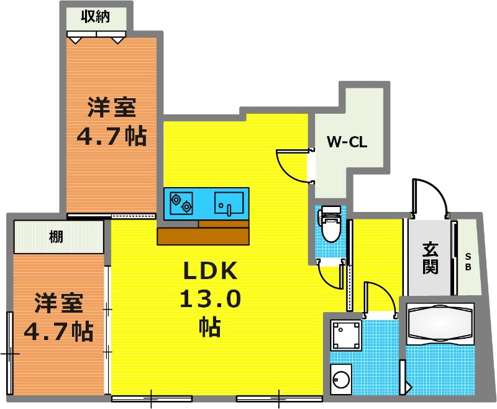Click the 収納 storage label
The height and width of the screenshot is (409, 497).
click(96, 17)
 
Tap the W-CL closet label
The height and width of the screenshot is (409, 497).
click(347, 142)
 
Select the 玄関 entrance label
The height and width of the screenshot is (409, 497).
click(430, 258)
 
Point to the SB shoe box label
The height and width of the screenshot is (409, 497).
click(468, 261)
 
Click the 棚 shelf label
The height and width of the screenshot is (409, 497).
click(56, 237)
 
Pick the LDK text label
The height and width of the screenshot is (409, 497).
click(211, 271)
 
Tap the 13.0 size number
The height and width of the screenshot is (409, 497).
click(210, 299)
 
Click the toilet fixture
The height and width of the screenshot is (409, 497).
click(330, 224)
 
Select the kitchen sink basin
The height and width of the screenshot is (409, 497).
click(229, 203)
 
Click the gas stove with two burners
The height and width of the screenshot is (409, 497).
click(181, 203)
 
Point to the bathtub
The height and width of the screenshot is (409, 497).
click(440, 323)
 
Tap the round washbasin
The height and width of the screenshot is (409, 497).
click(341, 379)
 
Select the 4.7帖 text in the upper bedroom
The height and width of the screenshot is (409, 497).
click(112, 136)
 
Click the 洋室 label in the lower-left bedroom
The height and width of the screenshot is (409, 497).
click(58, 303)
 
